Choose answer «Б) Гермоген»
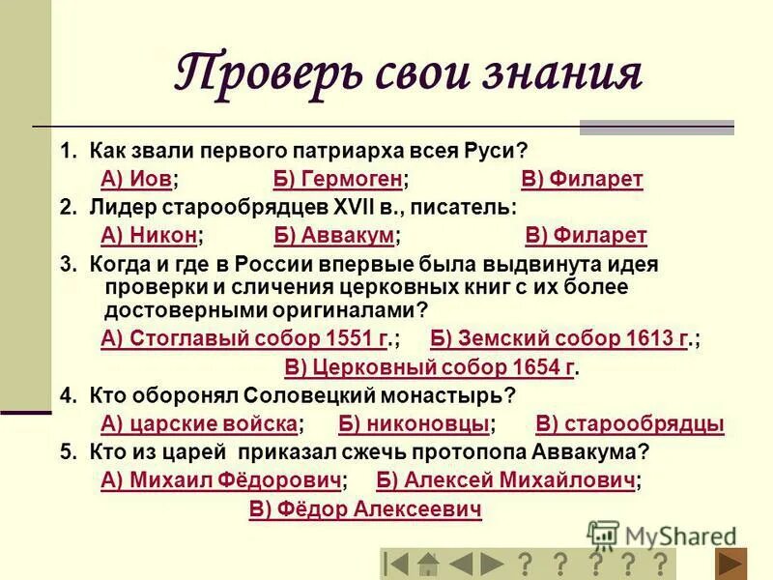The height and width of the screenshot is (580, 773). click(338, 180)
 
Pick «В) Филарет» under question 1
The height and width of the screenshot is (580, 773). click(582, 180)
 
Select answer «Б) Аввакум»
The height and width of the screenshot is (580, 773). click(333, 236)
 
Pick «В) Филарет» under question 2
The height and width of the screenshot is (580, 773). click(586, 236)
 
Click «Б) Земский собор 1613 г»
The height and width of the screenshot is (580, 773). click(559, 338)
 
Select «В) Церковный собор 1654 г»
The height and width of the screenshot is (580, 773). click(430, 367)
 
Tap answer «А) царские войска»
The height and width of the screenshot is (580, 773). click(199, 423)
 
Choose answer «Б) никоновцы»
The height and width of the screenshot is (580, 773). click(415, 423)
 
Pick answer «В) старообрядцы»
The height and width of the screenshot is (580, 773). click(629, 423)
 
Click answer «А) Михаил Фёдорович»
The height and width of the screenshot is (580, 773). click(221, 480)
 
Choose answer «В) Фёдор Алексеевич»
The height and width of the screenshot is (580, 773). click(365, 509)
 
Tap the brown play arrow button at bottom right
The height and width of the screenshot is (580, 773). click(731, 564)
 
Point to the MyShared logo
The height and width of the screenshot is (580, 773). click(662, 535)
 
